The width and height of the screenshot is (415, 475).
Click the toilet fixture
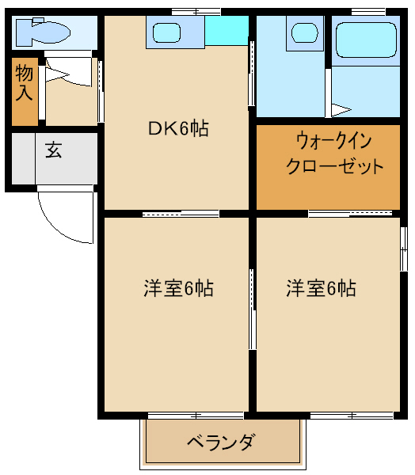click(43, 32)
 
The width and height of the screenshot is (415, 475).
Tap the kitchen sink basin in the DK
click(166, 32)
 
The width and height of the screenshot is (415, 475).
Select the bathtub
click(366, 40)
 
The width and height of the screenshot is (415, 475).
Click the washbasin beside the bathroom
click(305, 32)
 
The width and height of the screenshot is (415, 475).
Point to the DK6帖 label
click(178, 128)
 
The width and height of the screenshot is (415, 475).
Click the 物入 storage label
click(24, 82)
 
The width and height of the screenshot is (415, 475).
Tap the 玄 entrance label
click(54, 150)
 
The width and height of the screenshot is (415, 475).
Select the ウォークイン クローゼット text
click(334, 154)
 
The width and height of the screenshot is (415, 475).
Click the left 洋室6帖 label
click(178, 288)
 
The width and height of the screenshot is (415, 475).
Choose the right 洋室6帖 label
click(321, 288)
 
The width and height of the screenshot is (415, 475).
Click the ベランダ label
click(220, 443)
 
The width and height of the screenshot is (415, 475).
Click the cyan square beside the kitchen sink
click(227, 31)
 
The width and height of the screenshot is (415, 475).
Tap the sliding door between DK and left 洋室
click(181, 214)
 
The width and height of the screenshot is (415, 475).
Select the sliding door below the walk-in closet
click(350, 214)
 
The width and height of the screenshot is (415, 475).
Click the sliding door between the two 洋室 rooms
click(252, 310)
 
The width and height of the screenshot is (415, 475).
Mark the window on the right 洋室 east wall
click(403, 249)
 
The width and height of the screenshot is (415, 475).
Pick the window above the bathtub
click(368, 12)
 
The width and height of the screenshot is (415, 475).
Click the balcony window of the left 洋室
click(196, 416)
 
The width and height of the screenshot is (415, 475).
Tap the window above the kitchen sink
click(196, 12)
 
